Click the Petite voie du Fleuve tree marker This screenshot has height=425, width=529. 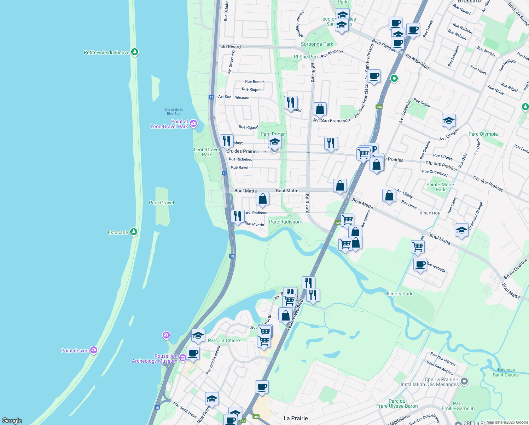click(x=134, y=52)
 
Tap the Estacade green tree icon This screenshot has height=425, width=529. click(x=133, y=232)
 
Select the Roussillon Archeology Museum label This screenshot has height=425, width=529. click(x=155, y=358)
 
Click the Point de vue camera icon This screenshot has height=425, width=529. click(x=93, y=350)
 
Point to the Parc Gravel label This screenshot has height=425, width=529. click(x=161, y=203)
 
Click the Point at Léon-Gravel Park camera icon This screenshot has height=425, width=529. click(x=193, y=123)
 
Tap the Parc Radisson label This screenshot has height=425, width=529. click(x=285, y=222)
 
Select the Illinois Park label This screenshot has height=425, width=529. click(x=399, y=294)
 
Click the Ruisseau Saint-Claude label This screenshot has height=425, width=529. click(x=506, y=372)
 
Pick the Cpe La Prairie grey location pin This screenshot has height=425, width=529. click(x=464, y=381)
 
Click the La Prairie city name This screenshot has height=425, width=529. click(x=296, y=418)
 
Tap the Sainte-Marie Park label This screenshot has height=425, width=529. click(x=440, y=187)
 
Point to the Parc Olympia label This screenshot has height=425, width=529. click(x=483, y=134)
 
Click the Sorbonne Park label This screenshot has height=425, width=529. click(x=317, y=44)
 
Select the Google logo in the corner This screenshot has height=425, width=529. click(x=12, y=421)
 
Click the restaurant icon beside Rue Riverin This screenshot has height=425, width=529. click(x=238, y=216)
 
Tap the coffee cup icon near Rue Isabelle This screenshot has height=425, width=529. click(x=420, y=265)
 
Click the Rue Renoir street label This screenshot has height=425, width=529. click(x=255, y=81)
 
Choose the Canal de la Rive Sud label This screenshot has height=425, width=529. click(x=174, y=112)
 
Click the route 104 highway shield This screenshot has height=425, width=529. click(x=256, y=416)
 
